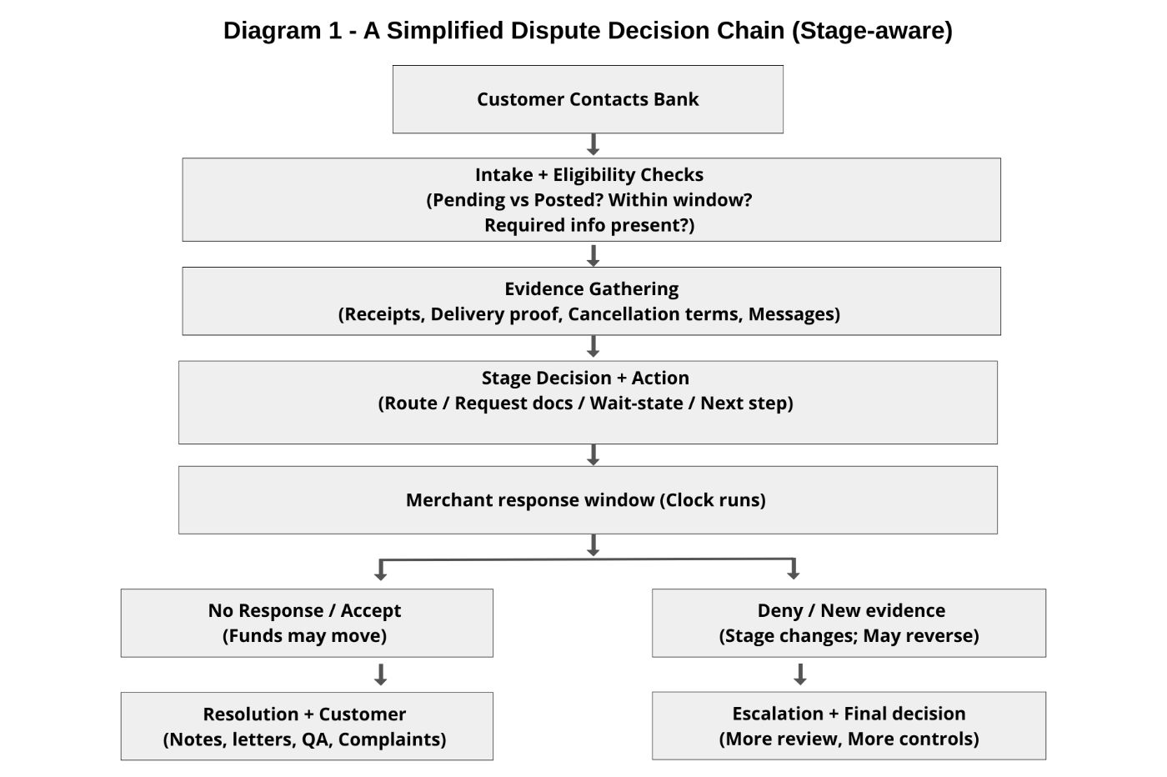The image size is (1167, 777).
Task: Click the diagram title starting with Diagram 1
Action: [x=587, y=31]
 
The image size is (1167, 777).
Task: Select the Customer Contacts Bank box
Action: [x=588, y=99]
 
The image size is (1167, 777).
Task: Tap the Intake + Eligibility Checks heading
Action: [x=589, y=175]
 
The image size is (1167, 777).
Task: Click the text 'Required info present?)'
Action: [x=589, y=225]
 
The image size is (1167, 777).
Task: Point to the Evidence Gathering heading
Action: [x=591, y=289]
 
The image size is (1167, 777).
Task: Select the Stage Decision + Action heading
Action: [x=585, y=378]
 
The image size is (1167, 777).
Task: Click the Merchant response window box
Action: [x=587, y=500]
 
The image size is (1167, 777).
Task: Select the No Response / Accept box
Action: [x=306, y=623]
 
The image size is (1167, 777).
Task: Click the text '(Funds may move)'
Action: [x=304, y=636]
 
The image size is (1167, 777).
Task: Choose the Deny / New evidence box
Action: [x=848, y=623]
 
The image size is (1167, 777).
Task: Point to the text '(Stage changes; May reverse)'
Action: [x=849, y=636]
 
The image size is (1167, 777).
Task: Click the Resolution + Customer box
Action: [x=306, y=725]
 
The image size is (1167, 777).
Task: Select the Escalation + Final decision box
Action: [x=848, y=725]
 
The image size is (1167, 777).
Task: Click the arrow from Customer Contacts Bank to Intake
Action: [x=593, y=145]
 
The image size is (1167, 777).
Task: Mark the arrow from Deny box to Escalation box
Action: [x=800, y=674]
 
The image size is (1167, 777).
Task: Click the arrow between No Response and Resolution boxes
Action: [x=380, y=674]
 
